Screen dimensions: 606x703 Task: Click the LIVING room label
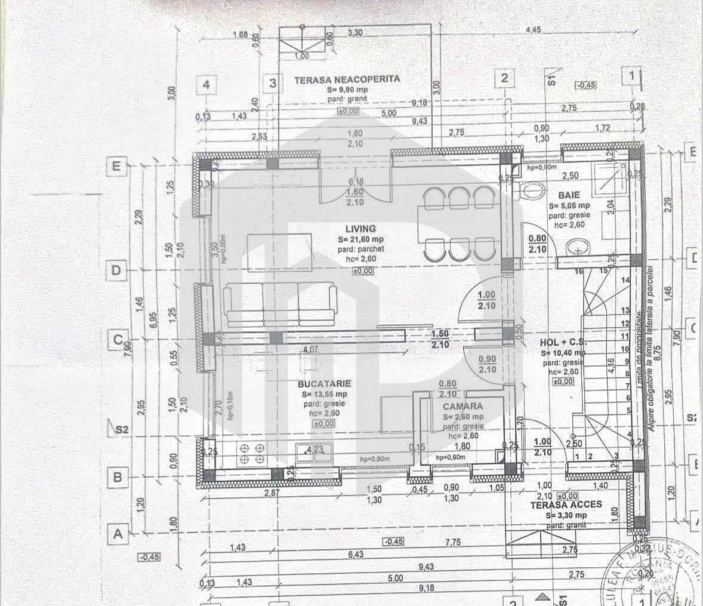tap(360, 228)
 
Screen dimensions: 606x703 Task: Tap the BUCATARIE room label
tap(326, 384)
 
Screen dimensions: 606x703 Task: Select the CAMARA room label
tap(463, 406)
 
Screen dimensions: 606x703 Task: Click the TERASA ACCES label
tap(566, 505)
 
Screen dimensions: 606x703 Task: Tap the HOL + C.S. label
tap(563, 343)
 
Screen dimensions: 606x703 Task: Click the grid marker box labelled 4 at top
tap(206, 85)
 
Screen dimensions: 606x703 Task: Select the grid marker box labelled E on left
tap(117, 167)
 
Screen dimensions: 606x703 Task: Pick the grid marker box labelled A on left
tap(118, 534)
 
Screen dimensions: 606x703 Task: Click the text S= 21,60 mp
tap(360, 239)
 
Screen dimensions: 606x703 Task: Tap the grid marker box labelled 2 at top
tap(505, 78)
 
